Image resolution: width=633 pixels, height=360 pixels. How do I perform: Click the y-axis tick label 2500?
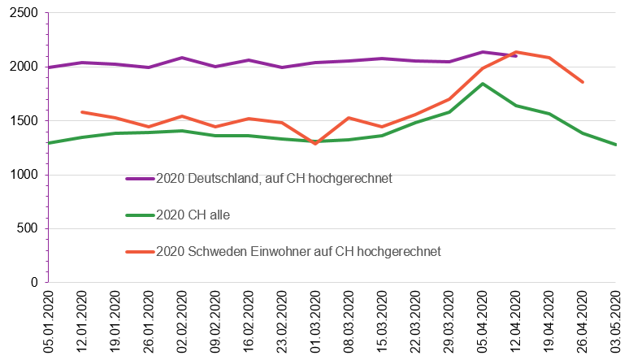pos(23,13)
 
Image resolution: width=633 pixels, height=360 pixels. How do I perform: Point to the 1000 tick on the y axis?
pos(23,175)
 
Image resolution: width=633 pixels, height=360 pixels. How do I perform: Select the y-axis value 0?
pos(34,283)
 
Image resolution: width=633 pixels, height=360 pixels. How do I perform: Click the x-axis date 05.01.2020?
pos(48,323)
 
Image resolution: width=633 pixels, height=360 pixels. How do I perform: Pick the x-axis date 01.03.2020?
pos(315,323)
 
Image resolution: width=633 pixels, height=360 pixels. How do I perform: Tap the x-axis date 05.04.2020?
pos(483,323)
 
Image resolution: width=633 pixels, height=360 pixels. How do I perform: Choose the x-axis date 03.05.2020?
pos(616,323)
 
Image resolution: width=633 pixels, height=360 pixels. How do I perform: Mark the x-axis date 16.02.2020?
pos(249,323)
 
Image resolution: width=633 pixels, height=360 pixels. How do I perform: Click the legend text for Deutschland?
pos(274,178)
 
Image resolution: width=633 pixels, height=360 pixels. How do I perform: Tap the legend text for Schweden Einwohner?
pos(298,251)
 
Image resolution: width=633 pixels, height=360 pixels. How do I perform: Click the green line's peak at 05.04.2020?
pos(483,84)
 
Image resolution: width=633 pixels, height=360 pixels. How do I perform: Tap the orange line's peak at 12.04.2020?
pos(516,52)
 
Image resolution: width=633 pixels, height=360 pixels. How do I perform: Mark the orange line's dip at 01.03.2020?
pos(315,144)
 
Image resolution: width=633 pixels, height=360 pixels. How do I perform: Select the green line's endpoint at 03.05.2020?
pos(616,145)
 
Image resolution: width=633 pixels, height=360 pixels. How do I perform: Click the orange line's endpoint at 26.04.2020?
pos(583,82)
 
